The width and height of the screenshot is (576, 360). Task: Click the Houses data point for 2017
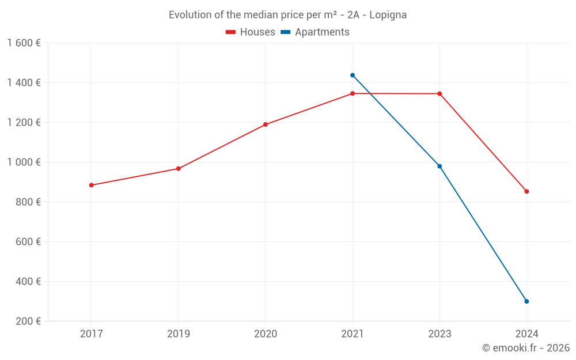(x=91, y=185)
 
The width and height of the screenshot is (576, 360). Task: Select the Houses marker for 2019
(x=179, y=169)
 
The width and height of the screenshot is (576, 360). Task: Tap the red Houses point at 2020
(x=266, y=124)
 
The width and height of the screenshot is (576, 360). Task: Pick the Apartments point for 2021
(x=353, y=75)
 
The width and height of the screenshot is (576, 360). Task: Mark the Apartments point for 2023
(x=439, y=166)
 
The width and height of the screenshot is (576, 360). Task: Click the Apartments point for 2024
(x=526, y=301)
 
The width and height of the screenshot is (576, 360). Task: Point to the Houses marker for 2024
(x=526, y=191)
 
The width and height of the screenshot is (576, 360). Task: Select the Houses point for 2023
(x=439, y=93)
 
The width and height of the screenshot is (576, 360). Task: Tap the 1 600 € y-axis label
(x=24, y=43)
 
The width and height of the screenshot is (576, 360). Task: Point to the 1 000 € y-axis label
(x=24, y=162)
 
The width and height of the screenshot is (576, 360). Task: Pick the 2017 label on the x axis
(x=91, y=334)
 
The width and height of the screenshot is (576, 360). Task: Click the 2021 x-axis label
(x=353, y=334)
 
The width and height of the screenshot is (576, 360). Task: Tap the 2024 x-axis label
(x=526, y=334)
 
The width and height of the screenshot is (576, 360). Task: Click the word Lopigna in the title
(x=388, y=15)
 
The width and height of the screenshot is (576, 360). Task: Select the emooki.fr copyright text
(x=526, y=348)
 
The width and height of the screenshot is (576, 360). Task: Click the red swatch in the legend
(x=231, y=32)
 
